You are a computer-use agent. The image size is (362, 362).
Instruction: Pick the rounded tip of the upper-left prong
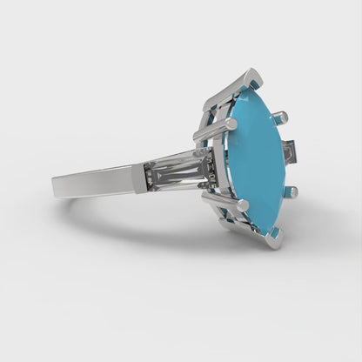click(x=231, y=124)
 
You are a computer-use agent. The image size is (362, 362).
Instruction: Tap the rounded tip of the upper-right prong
click(x=281, y=115)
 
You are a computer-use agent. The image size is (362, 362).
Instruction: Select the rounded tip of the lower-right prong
click(x=292, y=191)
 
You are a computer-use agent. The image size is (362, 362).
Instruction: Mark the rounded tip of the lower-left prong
click(x=243, y=204)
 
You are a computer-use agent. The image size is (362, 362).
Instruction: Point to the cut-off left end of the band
click(x=54, y=185)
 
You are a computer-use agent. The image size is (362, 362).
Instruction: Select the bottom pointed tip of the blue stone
click(x=271, y=230)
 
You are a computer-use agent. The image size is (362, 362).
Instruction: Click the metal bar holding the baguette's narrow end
click(x=139, y=178)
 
